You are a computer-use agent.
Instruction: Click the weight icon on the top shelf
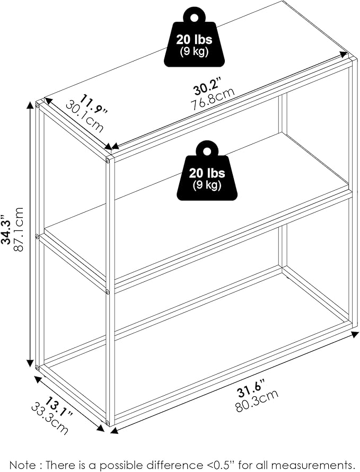click(x=194, y=39)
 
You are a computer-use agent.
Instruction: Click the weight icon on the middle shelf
click(x=207, y=173)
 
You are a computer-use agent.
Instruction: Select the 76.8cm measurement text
click(x=213, y=99)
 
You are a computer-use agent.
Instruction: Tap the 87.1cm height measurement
click(x=17, y=229)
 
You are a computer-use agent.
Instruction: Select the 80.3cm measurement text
click(x=257, y=401)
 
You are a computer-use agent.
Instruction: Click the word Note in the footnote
click(x=21, y=465)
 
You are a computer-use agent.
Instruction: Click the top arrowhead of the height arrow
click(x=30, y=105)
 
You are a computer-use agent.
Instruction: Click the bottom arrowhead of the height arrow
click(x=30, y=363)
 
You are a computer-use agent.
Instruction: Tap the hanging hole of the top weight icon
click(x=194, y=18)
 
